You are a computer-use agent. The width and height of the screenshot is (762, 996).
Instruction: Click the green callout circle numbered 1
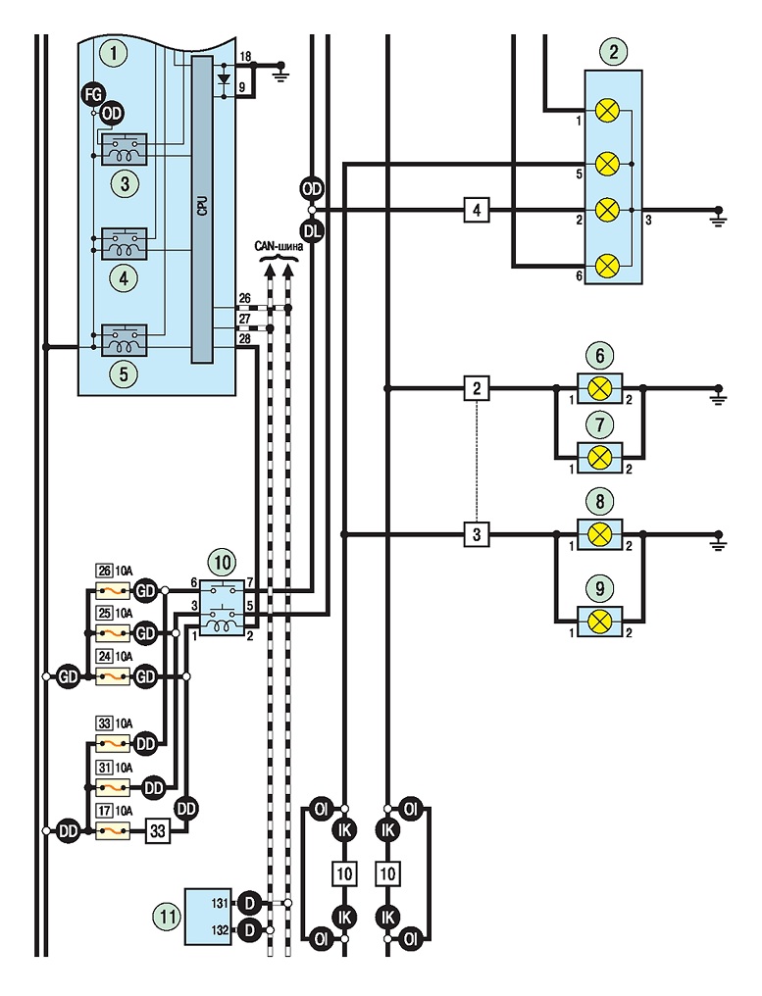click(115, 53)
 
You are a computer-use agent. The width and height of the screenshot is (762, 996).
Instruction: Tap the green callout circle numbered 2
click(613, 51)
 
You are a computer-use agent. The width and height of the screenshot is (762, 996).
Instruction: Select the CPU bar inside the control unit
click(202, 209)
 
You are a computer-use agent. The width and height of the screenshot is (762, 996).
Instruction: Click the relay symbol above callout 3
click(124, 149)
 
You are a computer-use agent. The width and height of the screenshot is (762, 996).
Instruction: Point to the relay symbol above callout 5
click(124, 340)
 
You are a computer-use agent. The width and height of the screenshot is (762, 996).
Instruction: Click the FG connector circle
click(93, 95)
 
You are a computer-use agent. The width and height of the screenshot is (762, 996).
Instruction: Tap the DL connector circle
click(312, 231)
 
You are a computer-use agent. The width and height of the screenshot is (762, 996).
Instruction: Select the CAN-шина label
click(279, 246)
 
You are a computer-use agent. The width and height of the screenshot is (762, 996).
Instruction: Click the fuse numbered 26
click(113, 591)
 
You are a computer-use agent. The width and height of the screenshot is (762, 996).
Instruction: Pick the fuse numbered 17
click(113, 831)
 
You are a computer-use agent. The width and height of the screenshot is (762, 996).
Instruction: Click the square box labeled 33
click(158, 831)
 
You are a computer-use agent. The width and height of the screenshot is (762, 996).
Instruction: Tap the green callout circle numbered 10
click(223, 562)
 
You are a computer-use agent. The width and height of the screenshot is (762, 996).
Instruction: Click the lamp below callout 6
click(600, 389)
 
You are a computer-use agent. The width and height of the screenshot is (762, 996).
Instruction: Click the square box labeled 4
click(477, 210)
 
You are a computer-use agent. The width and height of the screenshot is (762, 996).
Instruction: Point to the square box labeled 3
click(477, 535)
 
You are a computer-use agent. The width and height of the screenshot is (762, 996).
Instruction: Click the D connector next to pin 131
click(249, 903)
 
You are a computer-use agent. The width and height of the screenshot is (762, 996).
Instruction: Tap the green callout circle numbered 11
click(168, 916)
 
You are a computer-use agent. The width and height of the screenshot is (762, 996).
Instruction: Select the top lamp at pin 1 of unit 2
click(608, 111)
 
